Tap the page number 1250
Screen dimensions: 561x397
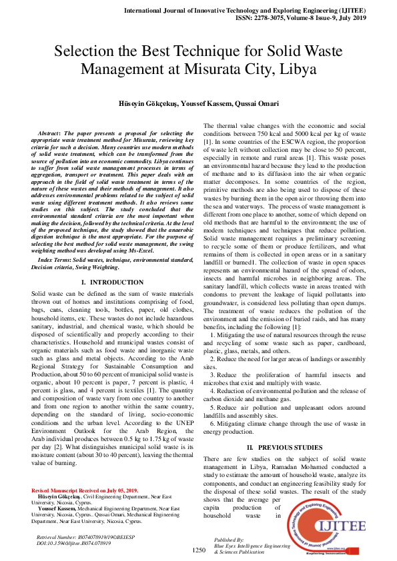point(199,550)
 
